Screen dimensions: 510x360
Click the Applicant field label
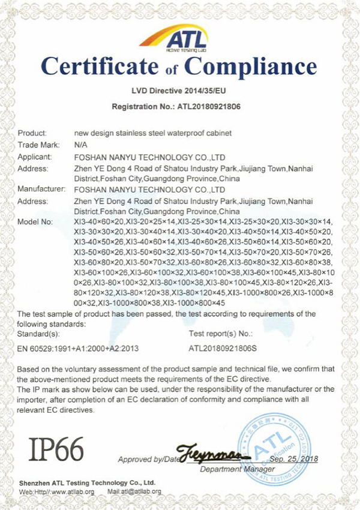[35, 156]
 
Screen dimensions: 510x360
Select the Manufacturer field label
[41, 189]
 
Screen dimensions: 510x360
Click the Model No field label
[35, 222]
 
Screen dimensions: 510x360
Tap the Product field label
[32, 133]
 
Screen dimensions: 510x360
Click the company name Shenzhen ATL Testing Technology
[86, 482]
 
